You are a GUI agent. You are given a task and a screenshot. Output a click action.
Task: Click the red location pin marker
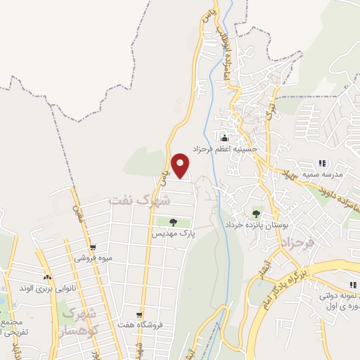pyautogui.click(x=181, y=165)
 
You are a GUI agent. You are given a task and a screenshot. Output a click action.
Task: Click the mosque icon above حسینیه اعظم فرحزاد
pyautogui.click(x=225, y=137)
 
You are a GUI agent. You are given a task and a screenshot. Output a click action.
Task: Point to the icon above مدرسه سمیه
pyautogui.click(x=322, y=163)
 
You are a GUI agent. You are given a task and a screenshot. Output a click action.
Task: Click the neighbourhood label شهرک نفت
pyautogui.click(x=140, y=200)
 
